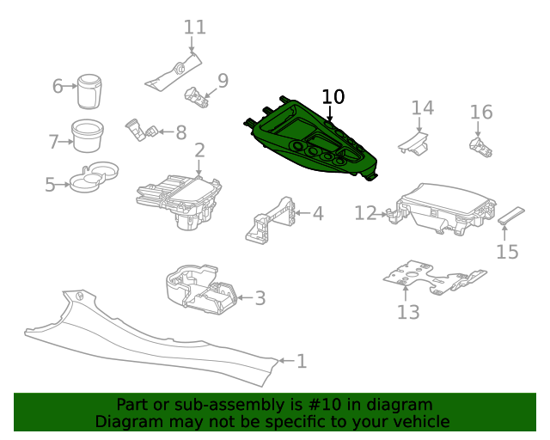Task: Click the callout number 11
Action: pos(195,27)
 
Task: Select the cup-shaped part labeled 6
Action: pos(89,91)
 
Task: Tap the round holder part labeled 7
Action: pos(88,136)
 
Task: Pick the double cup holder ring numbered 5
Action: pos(94,176)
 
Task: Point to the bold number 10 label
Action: pos(333,96)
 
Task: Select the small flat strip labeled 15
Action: pos(511,216)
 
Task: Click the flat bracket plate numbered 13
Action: pos(434,278)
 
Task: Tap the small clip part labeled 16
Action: pos(480,147)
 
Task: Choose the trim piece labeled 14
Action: pos(414,144)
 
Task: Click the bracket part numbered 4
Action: pos(271,220)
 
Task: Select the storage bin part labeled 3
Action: pos(201,289)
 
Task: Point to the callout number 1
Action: pos(302,361)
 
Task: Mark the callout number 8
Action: pos(181,132)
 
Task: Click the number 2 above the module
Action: pos(199,150)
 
